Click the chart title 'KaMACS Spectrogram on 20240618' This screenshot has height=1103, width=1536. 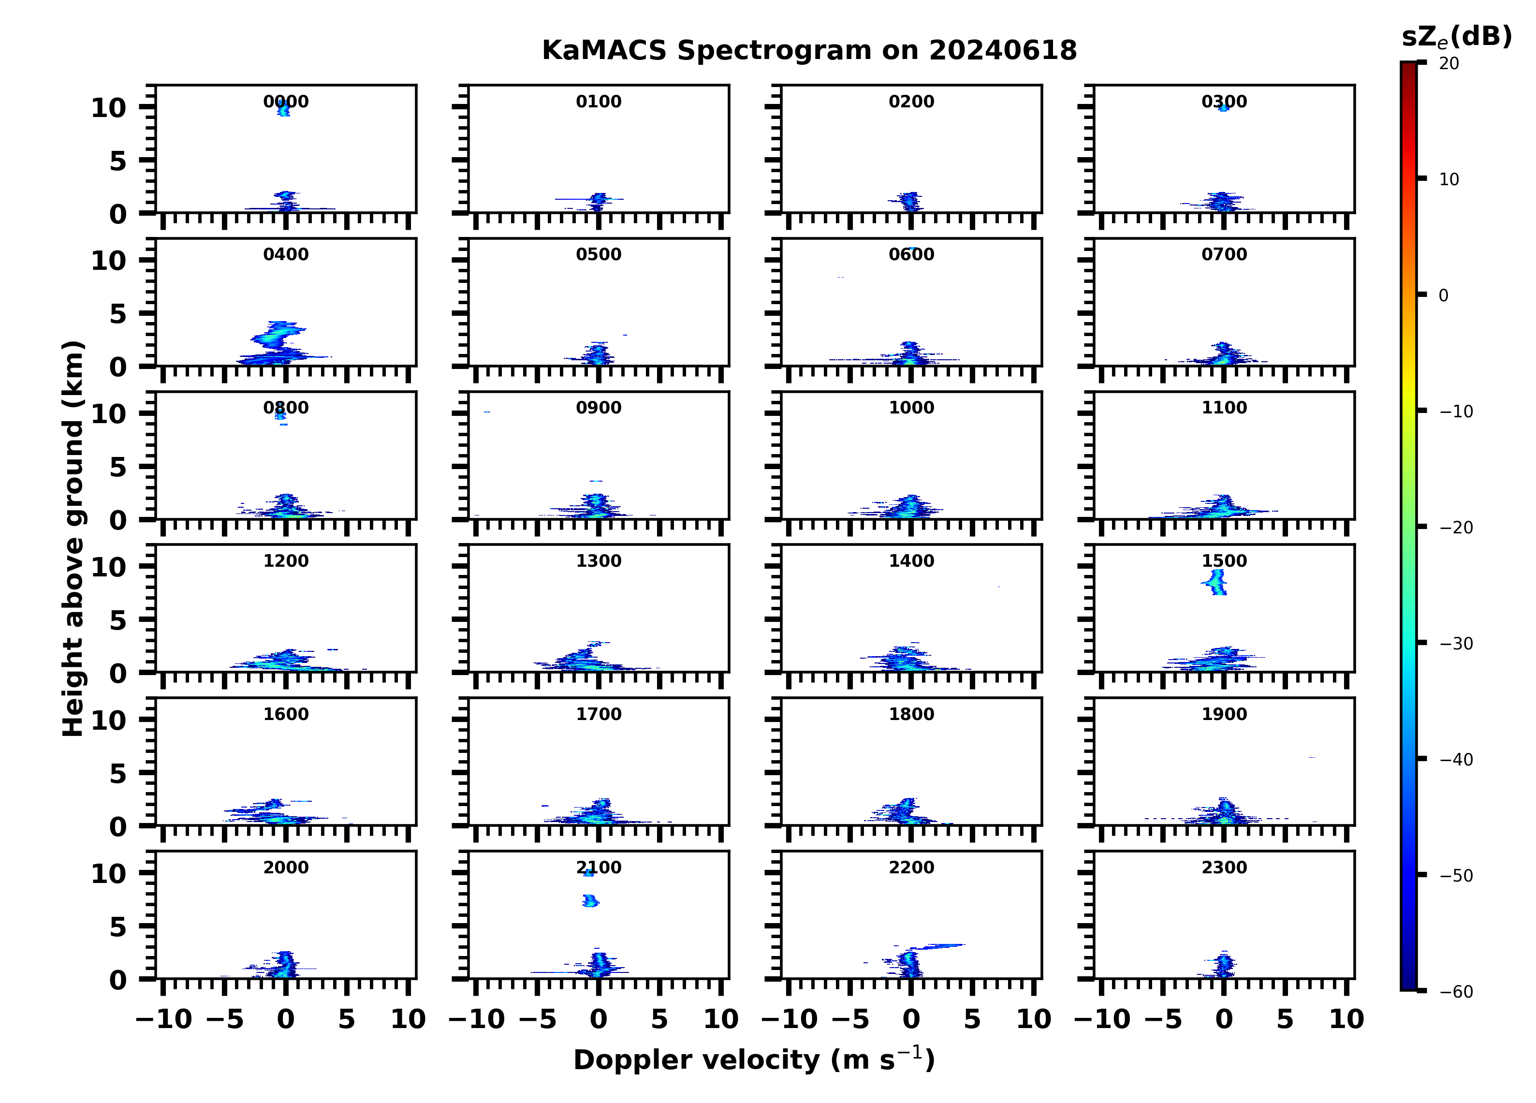809,50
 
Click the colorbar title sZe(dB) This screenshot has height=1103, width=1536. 1456,37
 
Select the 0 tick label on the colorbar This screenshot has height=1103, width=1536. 1443,295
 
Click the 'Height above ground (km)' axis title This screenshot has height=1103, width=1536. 73,539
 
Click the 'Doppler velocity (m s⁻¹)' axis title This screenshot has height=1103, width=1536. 754,1059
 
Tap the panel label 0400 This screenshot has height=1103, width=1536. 286,255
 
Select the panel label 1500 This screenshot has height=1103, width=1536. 1224,561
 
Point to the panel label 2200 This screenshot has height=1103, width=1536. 911,867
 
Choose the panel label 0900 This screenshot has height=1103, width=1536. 599,408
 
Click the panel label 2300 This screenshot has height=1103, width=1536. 1224,867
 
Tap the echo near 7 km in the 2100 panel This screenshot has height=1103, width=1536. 590,900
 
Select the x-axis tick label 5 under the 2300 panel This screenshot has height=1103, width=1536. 1285,1019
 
